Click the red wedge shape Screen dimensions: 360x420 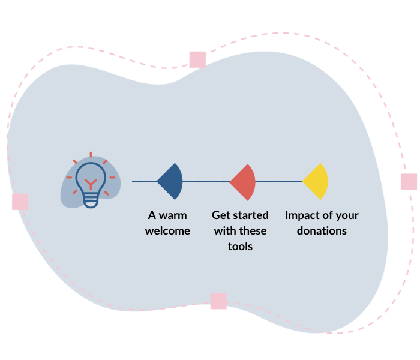coord(245,182)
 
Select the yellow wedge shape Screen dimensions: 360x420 coord(317,181)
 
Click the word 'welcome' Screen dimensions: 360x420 coord(167,230)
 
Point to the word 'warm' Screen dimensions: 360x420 coord(173,215)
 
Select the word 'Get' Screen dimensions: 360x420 coord(221,215)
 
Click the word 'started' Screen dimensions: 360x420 coord(251,215)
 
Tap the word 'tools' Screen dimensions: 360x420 coord(240,246)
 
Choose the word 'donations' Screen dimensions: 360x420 coord(322,230)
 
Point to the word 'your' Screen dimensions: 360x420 coord(347,215)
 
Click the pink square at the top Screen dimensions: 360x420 coord(197,59)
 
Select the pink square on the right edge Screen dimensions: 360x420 coord(409,181)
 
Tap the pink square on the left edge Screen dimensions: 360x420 coord(20,202)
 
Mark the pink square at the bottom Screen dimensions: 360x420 coord(218,301)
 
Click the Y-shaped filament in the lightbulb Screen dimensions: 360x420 coord(91,183)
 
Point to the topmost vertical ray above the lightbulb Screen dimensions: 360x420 coord(91,155)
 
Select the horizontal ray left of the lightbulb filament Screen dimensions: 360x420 coord(69,178)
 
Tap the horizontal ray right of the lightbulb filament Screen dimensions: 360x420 coord(112,178)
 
